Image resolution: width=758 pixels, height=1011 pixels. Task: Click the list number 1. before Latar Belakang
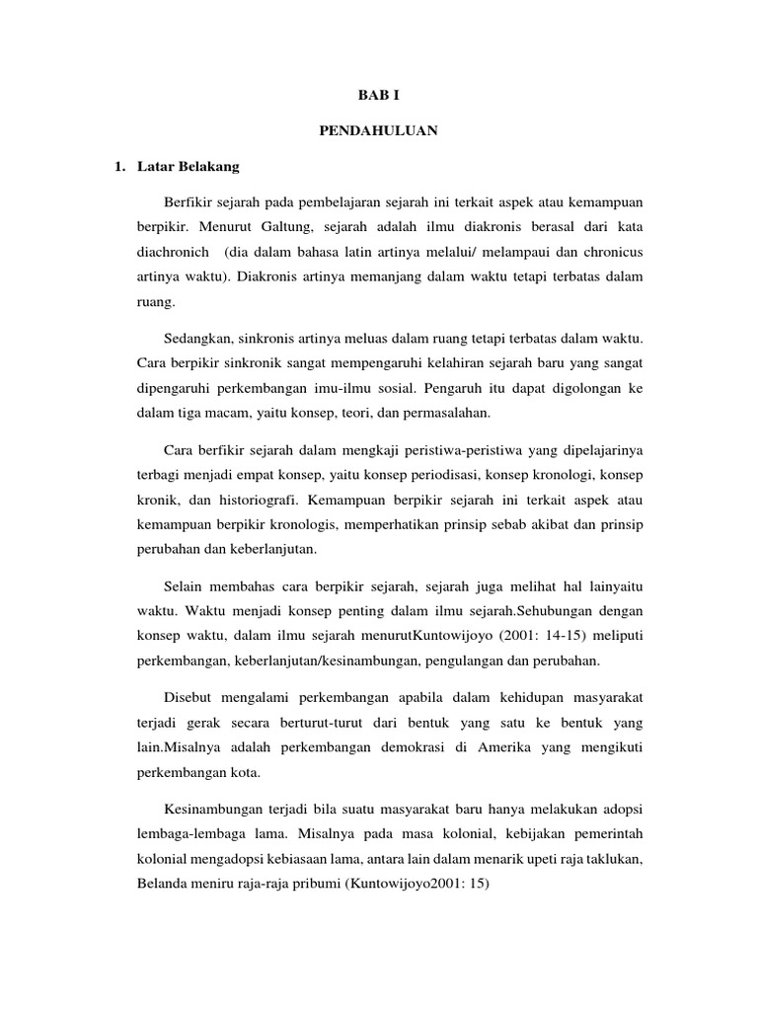[122, 167]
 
